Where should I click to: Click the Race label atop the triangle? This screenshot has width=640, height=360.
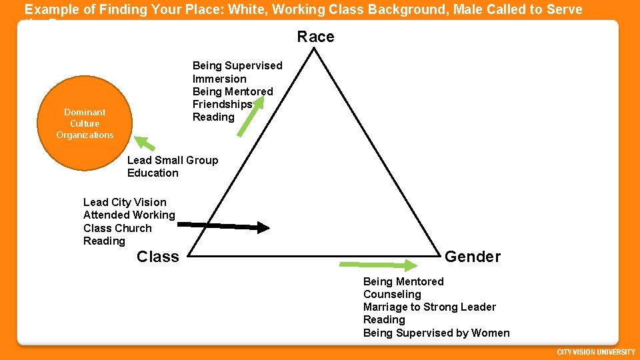[315, 37]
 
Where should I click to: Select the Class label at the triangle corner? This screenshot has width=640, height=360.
[157, 257]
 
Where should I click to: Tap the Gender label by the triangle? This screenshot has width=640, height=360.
[472, 257]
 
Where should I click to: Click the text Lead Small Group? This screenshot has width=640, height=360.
[173, 160]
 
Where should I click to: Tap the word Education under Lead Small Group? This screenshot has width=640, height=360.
[153, 173]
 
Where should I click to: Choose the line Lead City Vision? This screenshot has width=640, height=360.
[125, 202]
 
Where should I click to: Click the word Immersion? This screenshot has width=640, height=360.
[219, 79]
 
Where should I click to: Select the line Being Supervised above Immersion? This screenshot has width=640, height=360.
[237, 65]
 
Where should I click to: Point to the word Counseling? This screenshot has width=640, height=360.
[392, 294]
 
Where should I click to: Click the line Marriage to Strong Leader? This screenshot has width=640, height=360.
[429, 307]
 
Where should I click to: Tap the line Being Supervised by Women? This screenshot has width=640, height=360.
[436, 333]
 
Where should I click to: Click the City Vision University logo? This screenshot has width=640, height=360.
[596, 352]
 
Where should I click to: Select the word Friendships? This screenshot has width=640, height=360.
[222, 104]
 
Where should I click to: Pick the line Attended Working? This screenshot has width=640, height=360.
[129, 215]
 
